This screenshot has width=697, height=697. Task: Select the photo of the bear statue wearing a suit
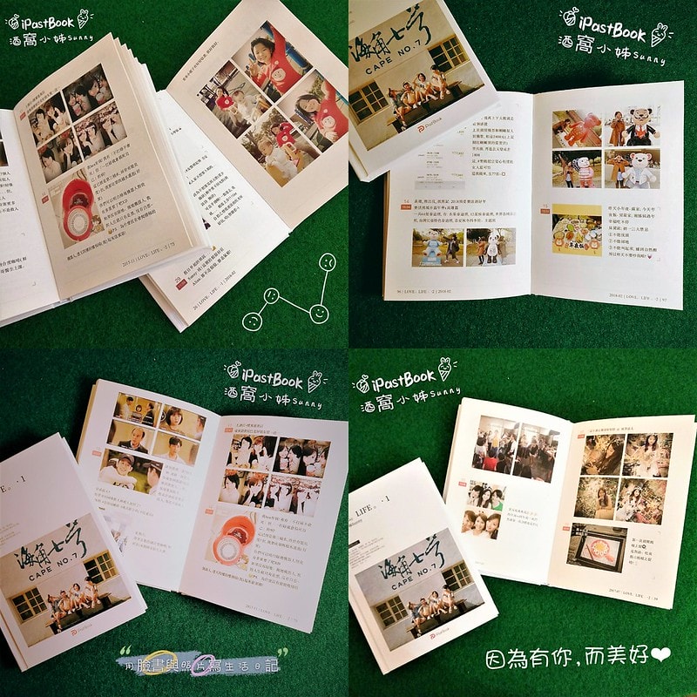click(632, 127)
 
